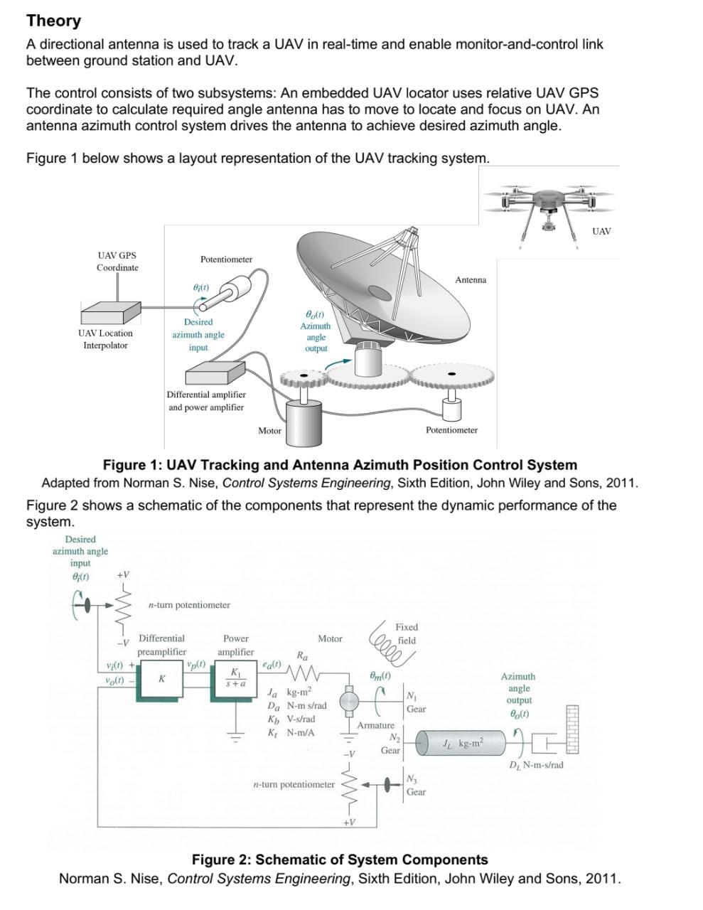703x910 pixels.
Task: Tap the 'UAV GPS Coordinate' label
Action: [117, 262]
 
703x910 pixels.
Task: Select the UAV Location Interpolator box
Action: [110, 312]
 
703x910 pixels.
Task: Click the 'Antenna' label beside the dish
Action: [471, 280]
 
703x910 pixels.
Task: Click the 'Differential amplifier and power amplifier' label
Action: [206, 401]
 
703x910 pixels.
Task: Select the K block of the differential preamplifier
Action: [162, 680]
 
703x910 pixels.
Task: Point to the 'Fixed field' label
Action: [407, 633]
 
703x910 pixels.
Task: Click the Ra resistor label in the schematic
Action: [302, 655]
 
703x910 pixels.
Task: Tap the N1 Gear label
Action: [415, 702]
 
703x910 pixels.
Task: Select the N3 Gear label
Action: [415, 785]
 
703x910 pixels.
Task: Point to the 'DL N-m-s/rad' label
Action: [536, 765]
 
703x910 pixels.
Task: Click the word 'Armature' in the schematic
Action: [375, 725]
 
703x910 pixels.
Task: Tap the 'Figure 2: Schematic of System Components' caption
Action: [340, 860]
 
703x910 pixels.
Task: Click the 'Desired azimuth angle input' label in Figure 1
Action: [198, 334]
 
